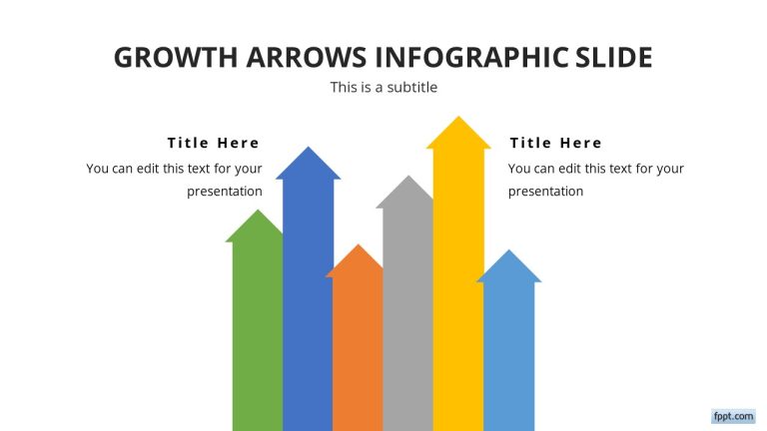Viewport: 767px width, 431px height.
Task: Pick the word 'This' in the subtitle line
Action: pyautogui.click(x=345, y=88)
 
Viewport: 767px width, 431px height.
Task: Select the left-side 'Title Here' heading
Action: pyautogui.click(x=213, y=143)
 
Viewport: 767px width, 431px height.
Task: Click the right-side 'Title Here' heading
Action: pyautogui.click(x=555, y=143)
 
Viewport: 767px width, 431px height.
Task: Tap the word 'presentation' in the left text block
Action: pyautogui.click(x=224, y=191)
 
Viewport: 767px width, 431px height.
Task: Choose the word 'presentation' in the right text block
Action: pyautogui.click(x=545, y=191)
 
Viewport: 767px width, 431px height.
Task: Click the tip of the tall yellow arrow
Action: pyautogui.click(x=458, y=120)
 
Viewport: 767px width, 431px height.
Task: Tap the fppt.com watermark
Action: pyautogui.click(x=732, y=415)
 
